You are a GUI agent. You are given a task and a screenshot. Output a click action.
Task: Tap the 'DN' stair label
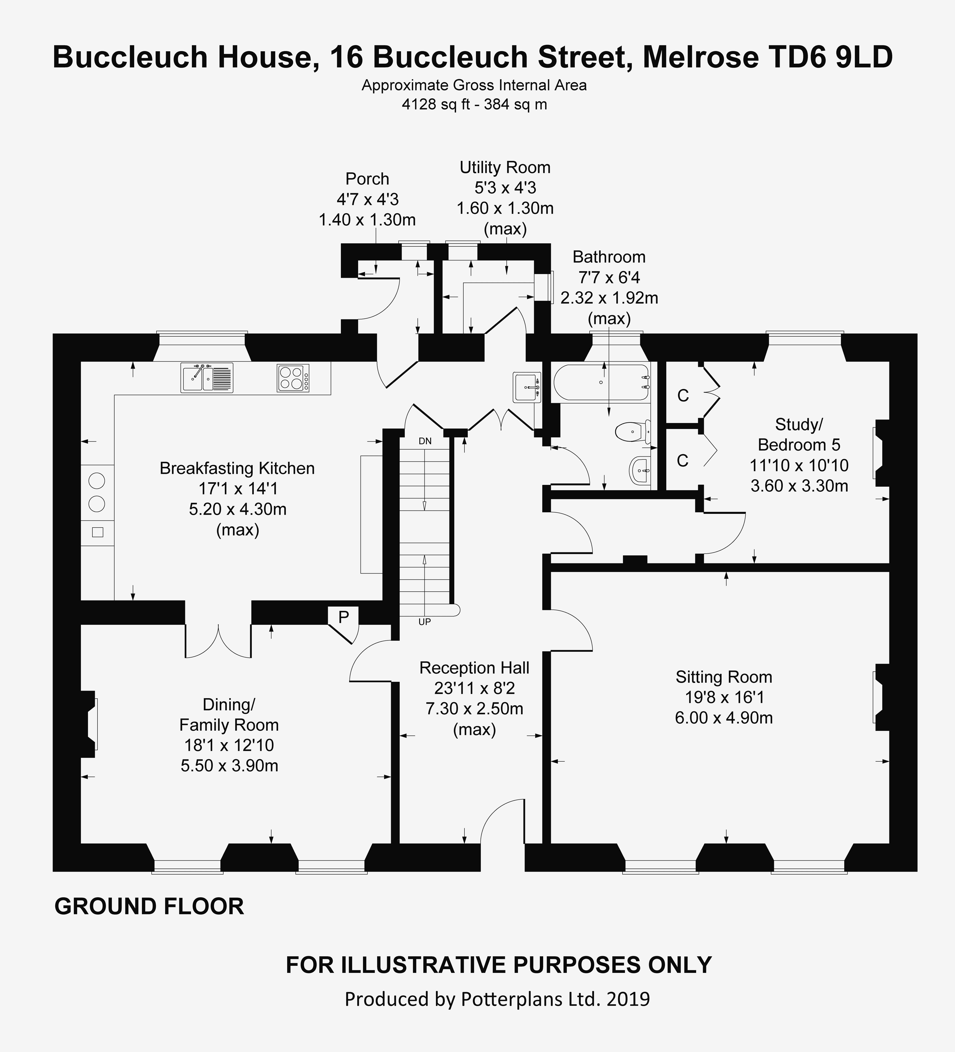point(425,441)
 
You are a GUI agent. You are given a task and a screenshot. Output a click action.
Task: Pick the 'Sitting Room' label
point(724,677)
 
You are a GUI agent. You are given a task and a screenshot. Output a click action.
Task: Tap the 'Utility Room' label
point(505,168)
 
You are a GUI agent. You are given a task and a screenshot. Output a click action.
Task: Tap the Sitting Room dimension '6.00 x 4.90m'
point(724,718)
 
